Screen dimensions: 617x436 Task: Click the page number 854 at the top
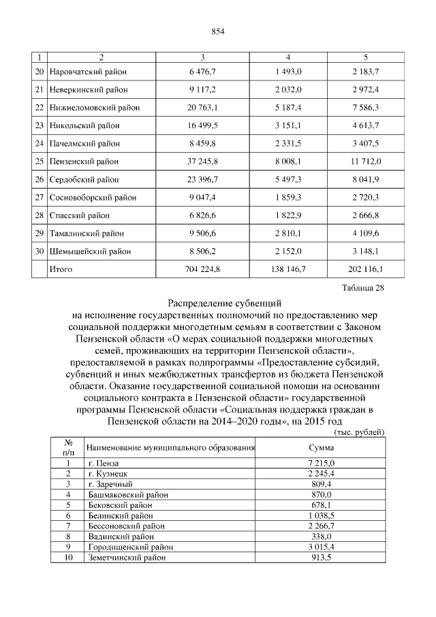[x=218, y=32]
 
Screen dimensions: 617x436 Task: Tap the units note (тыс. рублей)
[x=360, y=432]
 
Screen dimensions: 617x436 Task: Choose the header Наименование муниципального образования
[x=170, y=448]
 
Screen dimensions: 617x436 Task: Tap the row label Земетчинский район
[x=127, y=557]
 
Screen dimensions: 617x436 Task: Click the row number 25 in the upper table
[x=39, y=162]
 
